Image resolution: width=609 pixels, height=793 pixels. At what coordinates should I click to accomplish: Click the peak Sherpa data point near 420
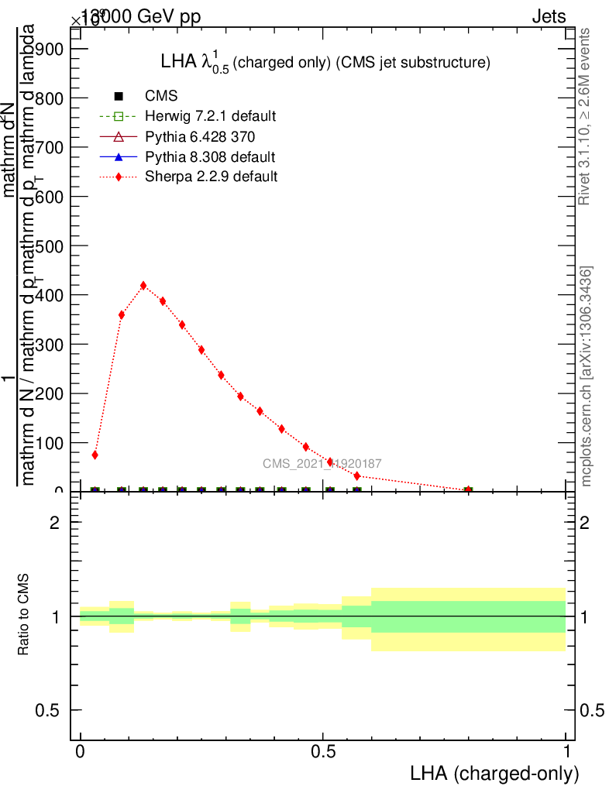pos(143,286)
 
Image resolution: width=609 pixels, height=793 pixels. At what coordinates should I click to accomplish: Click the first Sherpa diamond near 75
pos(95,455)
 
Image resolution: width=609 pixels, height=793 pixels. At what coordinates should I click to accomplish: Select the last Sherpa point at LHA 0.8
pos(468,489)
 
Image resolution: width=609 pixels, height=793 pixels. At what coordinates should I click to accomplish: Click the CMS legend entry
pos(161,96)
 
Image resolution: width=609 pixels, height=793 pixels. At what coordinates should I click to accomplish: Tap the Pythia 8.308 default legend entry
pos(210,157)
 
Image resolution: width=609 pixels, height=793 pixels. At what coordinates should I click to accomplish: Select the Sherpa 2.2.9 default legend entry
pos(212,177)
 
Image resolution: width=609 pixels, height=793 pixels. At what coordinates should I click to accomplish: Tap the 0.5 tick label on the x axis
pos(323,752)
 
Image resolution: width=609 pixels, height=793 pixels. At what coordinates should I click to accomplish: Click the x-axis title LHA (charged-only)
pos(494,774)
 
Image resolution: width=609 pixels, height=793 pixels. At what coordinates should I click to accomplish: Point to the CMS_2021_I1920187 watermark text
pos(322,464)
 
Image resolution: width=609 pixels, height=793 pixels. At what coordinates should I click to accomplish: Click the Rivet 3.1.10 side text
pos(585,116)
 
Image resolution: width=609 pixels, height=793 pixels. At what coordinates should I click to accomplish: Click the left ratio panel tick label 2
pos(54,523)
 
